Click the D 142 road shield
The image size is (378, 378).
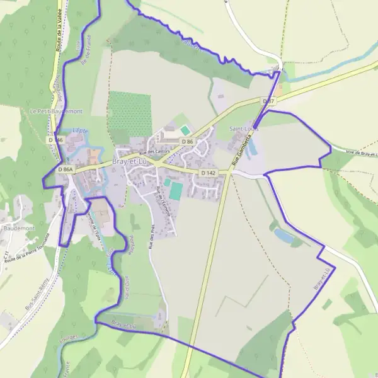[x=209, y=173]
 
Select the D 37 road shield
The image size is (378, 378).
[x=269, y=101]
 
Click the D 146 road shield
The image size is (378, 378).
[x=55, y=139]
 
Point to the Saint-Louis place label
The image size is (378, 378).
[x=244, y=129]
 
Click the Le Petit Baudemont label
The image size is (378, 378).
[x=56, y=111]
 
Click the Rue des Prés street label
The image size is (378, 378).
[x=152, y=238]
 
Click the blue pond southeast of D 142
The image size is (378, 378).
[x=284, y=236]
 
